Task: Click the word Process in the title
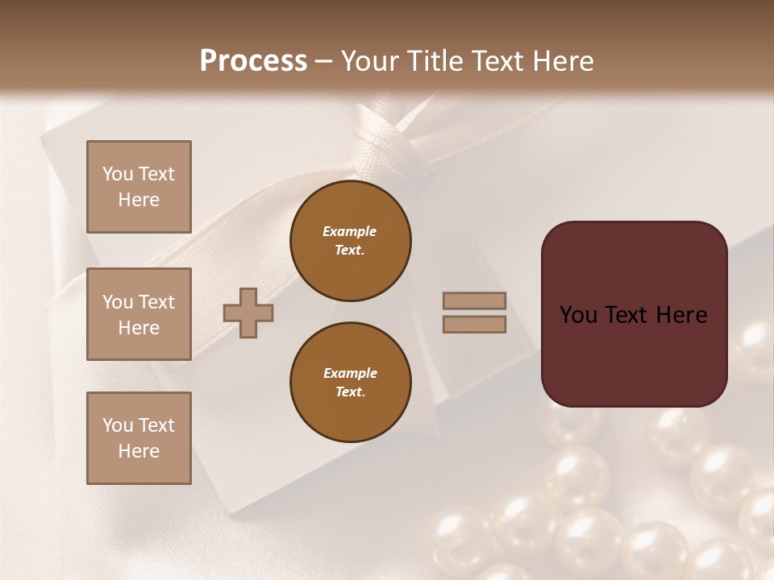(x=253, y=61)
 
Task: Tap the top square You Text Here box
(x=139, y=187)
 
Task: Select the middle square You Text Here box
(x=139, y=314)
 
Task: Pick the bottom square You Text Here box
(x=139, y=438)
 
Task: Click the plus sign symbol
(x=248, y=313)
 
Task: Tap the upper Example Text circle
(x=351, y=241)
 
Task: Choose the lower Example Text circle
(x=351, y=383)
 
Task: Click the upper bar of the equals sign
(x=474, y=301)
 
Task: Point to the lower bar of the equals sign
(x=474, y=324)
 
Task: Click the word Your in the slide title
(x=371, y=61)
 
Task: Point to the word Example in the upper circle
(x=350, y=231)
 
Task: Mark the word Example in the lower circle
(x=350, y=373)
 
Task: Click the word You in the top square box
(x=118, y=174)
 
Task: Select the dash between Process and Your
(x=324, y=62)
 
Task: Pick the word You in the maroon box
(x=578, y=315)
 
